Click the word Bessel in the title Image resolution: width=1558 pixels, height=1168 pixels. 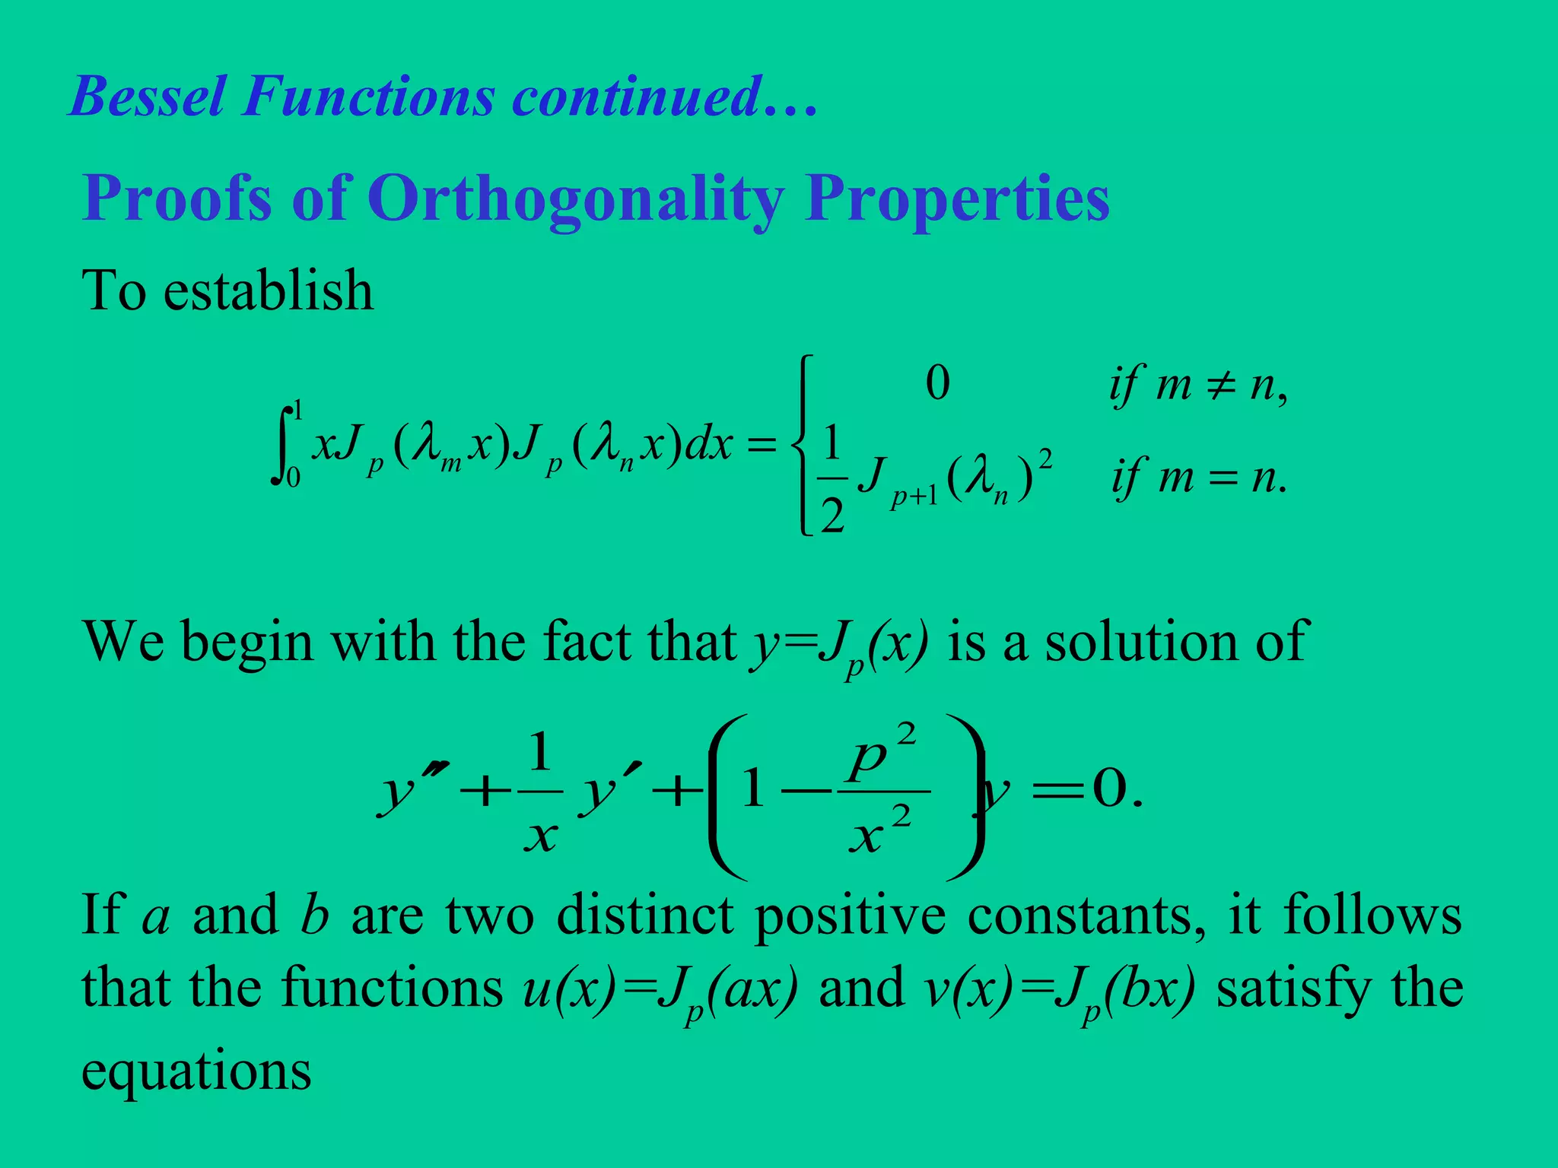148,97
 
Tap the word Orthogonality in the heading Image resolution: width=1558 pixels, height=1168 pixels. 575,198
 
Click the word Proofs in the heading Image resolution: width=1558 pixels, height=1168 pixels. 177,198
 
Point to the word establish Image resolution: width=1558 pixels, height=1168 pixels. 269,290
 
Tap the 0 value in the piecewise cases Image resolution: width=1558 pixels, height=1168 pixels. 937,383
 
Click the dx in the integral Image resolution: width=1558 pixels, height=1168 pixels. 709,445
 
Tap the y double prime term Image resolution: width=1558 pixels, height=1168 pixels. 411,791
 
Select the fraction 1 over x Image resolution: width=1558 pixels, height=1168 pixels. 540,791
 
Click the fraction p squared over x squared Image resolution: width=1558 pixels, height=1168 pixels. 882,791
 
